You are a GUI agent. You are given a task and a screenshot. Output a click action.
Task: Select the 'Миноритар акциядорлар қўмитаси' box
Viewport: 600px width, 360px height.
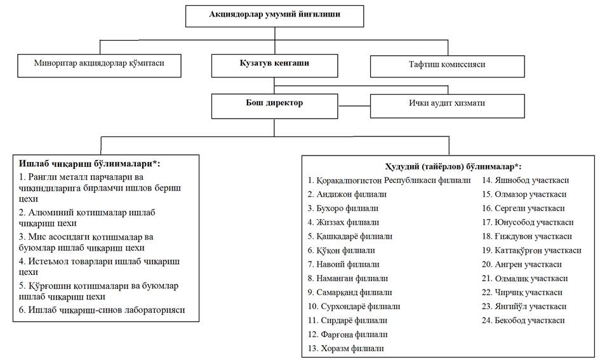coord(100,64)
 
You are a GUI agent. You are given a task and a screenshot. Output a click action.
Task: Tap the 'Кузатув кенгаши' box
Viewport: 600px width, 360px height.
coord(274,64)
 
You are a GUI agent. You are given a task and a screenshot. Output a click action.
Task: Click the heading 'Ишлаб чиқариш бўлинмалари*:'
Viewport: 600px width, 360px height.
coord(90,164)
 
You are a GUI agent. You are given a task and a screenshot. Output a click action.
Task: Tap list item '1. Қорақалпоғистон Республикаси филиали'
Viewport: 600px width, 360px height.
coord(389,180)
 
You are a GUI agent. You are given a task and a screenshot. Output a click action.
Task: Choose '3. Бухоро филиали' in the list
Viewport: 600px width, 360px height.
coord(343,208)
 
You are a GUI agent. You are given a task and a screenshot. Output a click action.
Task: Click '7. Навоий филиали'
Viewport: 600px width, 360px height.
coord(343,264)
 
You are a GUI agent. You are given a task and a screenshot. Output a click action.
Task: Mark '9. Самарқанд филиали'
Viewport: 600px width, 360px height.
coord(350,292)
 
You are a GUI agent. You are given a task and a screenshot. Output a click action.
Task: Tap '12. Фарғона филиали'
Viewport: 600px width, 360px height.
coord(347,334)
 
